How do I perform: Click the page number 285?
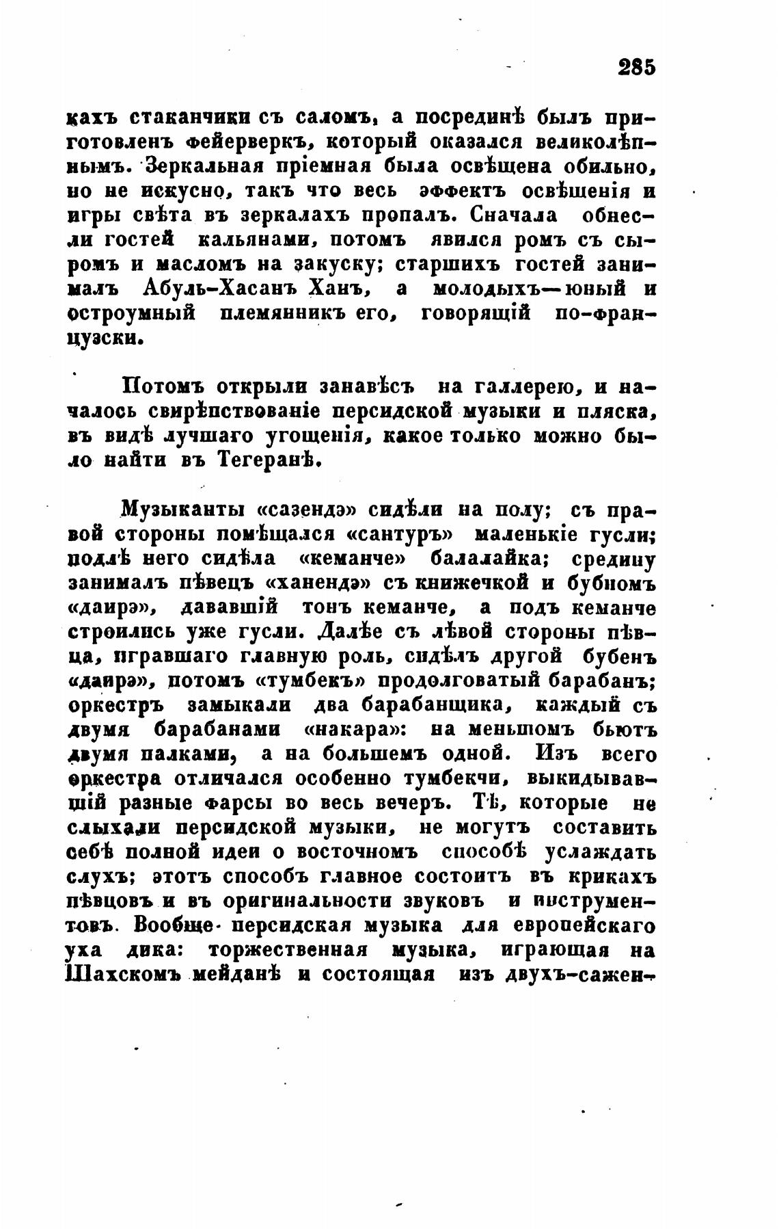pyautogui.click(x=635, y=67)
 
